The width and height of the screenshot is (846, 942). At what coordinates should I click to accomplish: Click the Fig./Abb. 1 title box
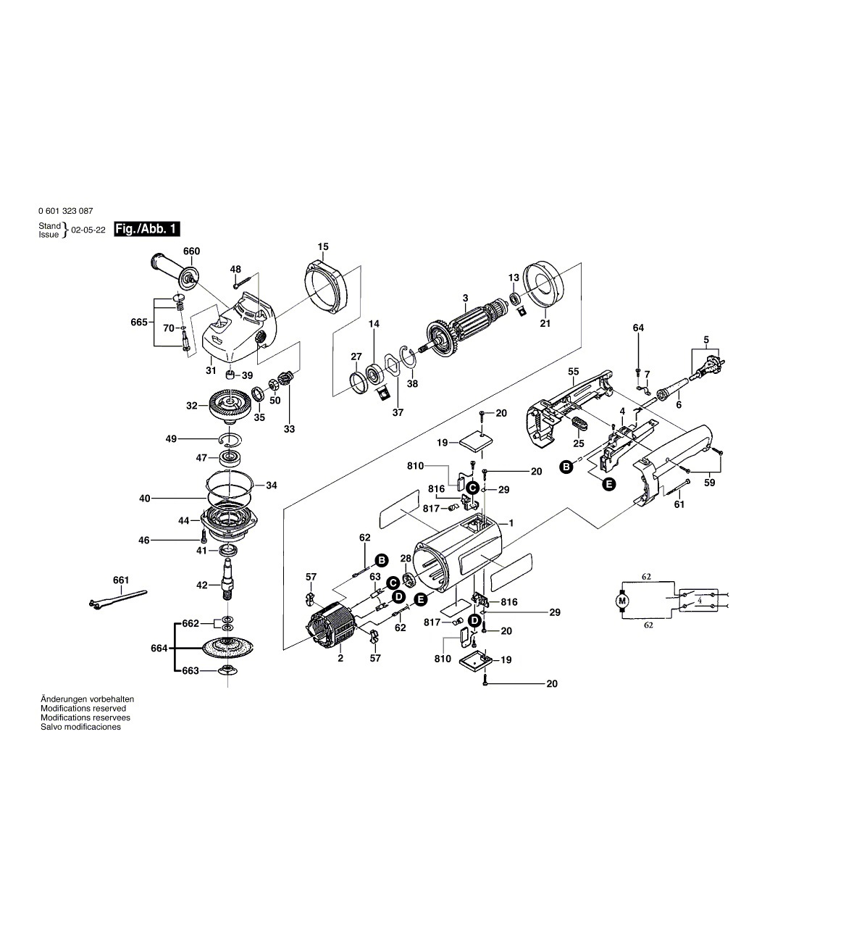click(147, 229)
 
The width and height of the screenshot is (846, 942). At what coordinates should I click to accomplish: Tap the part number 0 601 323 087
click(65, 211)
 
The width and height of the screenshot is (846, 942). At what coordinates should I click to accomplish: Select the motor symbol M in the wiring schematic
click(621, 601)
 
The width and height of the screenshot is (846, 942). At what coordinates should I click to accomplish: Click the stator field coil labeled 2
click(332, 626)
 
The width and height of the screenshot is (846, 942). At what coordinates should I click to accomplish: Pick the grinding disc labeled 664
click(227, 647)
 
